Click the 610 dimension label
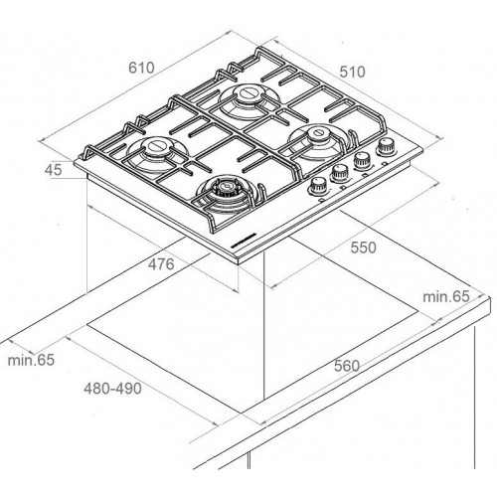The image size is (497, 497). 141,68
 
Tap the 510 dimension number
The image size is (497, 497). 352,72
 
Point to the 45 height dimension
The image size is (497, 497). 53,170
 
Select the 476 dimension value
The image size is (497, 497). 161,264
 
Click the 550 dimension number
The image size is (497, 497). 364,248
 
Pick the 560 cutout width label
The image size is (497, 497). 347,366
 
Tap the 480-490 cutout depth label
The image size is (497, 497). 112,389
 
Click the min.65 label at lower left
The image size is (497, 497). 31,360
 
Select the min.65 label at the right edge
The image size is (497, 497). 446,296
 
